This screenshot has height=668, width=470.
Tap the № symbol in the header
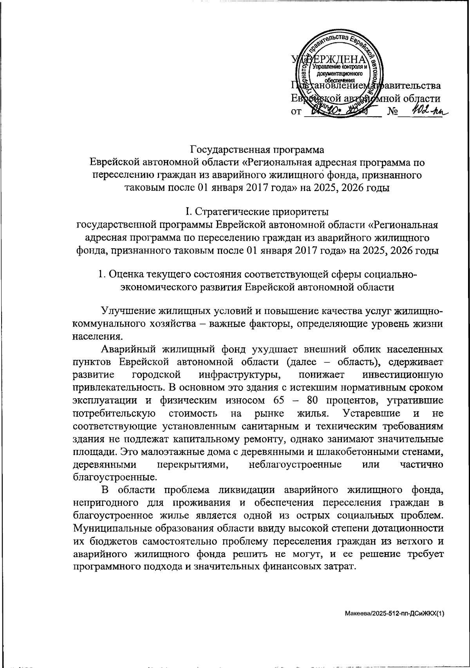392,112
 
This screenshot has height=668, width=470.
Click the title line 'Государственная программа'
257,150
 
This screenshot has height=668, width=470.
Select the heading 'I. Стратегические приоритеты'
257,212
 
